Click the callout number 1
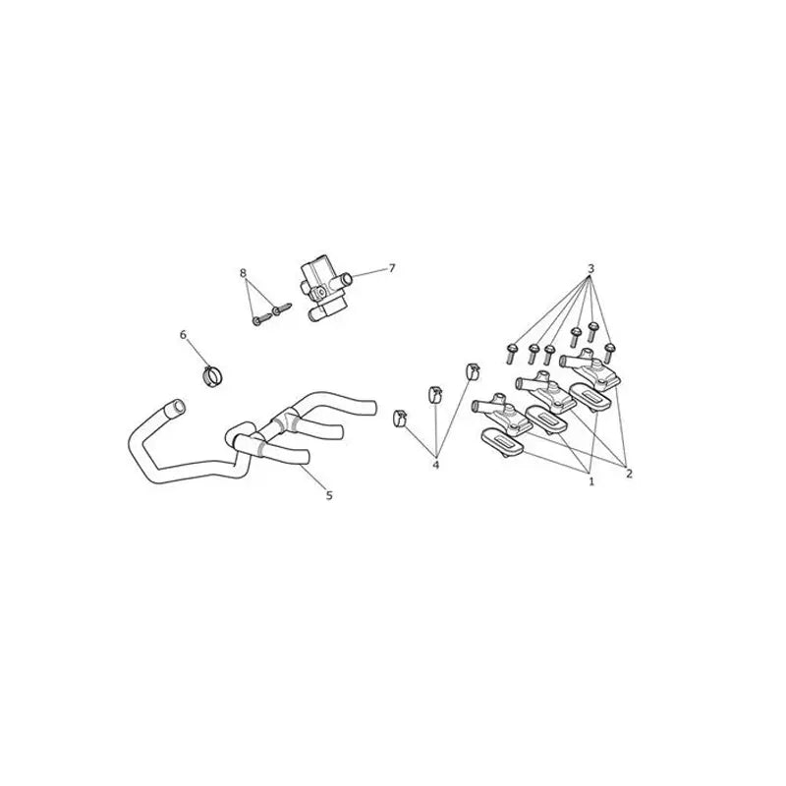[x=591, y=481]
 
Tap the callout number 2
[x=629, y=474]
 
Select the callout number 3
[x=591, y=268]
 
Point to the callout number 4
[x=435, y=465]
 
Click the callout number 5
[x=329, y=495]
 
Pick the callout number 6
[x=183, y=334]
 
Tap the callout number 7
[x=392, y=268]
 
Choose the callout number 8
[x=243, y=273]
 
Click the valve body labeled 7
[x=324, y=290]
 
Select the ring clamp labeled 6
[x=212, y=376]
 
